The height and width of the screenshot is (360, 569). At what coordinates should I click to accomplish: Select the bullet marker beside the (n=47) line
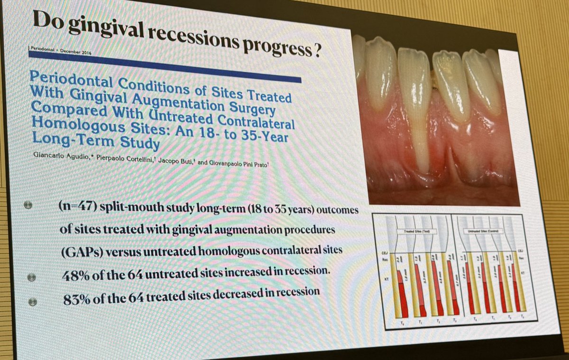tap(28, 205)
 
